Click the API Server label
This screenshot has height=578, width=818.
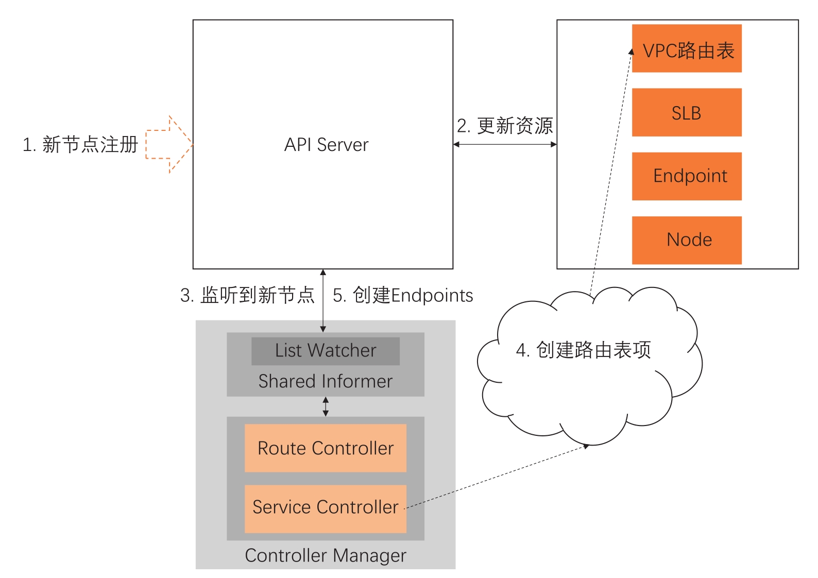tap(326, 145)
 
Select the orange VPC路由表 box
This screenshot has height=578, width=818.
tap(687, 48)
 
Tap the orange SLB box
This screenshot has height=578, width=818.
tap(687, 112)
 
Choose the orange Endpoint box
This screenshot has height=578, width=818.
tap(687, 176)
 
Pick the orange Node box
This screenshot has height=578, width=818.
tap(687, 240)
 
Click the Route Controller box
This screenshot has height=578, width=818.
tap(325, 448)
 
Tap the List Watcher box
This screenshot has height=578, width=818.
tap(325, 351)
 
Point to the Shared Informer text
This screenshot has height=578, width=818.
tap(325, 382)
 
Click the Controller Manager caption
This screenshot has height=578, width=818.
tap(325, 555)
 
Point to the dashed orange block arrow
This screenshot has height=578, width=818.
tap(168, 144)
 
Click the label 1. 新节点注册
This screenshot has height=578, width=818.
tap(80, 145)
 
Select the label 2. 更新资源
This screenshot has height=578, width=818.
tap(505, 126)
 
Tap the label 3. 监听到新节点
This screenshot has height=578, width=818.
tap(247, 295)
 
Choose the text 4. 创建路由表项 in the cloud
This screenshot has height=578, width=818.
tap(584, 350)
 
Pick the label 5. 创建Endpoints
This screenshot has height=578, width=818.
tap(403, 295)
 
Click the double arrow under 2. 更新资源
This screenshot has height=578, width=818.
tap(505, 144)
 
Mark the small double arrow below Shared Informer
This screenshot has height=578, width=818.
tap(326, 406)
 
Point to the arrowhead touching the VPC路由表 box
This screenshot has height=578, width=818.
tap(631, 52)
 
